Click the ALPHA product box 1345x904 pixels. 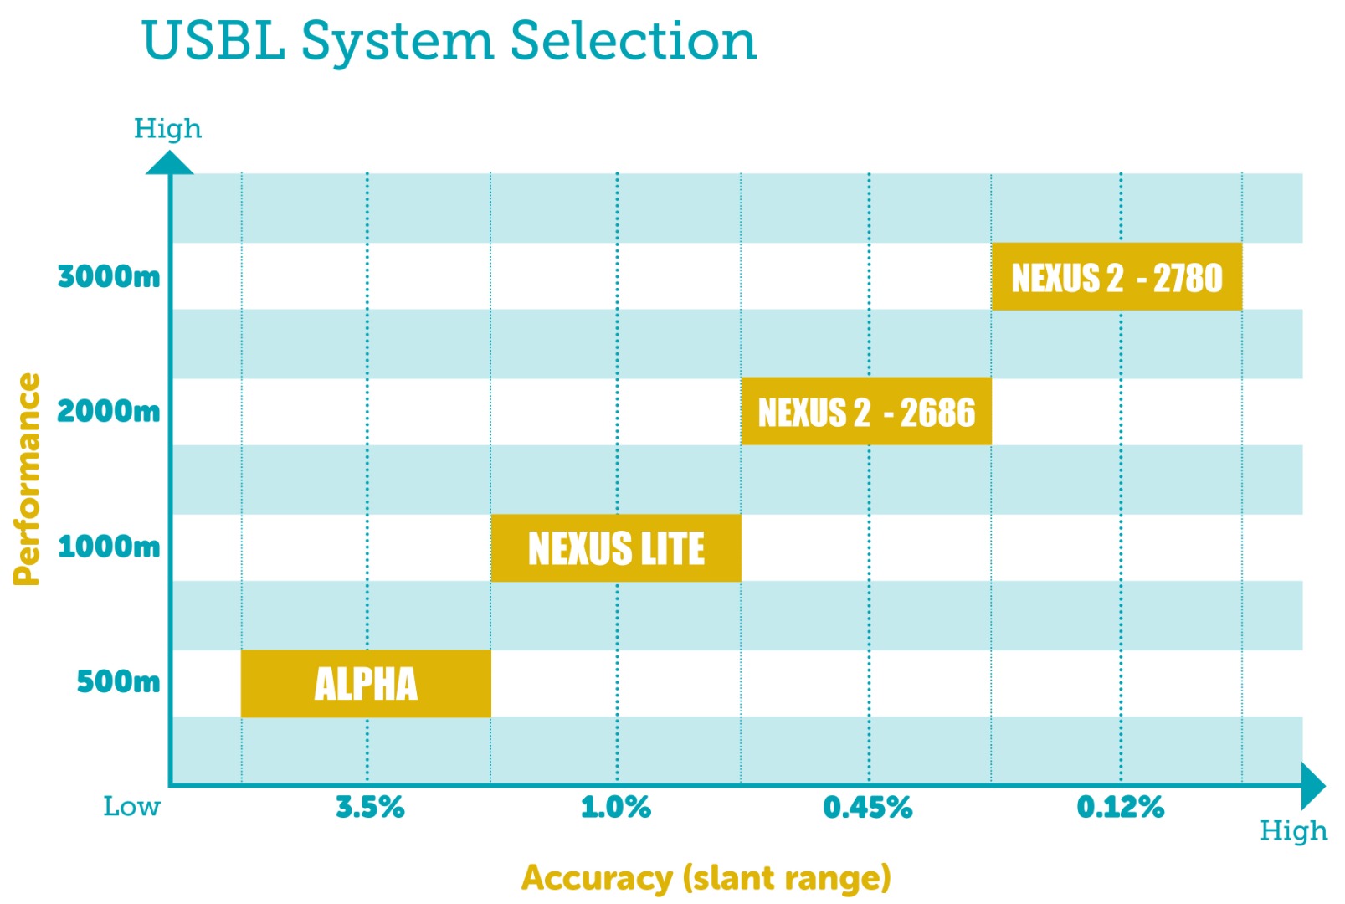(x=366, y=683)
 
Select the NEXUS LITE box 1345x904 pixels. (x=616, y=548)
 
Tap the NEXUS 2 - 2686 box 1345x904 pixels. (x=866, y=412)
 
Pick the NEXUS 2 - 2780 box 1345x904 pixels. (x=1117, y=277)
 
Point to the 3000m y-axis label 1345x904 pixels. (x=109, y=276)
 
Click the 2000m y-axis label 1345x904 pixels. (x=109, y=411)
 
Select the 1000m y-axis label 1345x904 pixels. (x=109, y=547)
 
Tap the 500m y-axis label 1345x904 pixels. (x=118, y=681)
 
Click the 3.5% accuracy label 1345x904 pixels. (x=370, y=807)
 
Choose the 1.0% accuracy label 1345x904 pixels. (x=616, y=807)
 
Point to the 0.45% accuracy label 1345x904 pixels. (x=868, y=807)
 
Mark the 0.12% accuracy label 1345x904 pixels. (x=1121, y=807)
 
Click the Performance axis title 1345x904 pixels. (x=28, y=479)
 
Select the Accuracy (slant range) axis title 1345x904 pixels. (x=706, y=878)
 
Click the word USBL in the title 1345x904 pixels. (x=213, y=40)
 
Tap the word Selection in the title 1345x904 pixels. (x=633, y=40)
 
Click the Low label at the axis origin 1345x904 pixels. (x=131, y=807)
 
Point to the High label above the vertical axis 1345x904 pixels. (x=167, y=128)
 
